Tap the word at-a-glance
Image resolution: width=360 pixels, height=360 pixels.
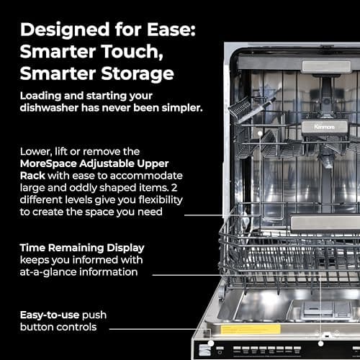coord(54,272)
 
